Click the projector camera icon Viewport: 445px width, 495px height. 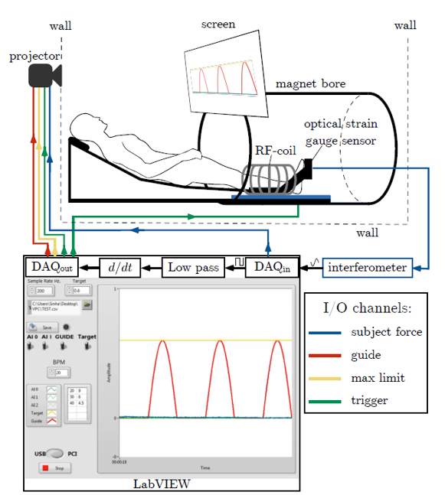(42, 75)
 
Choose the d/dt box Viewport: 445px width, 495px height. (122, 267)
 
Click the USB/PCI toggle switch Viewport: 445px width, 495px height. (54, 452)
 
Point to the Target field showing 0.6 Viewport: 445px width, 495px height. (80, 291)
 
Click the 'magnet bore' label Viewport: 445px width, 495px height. (310, 83)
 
